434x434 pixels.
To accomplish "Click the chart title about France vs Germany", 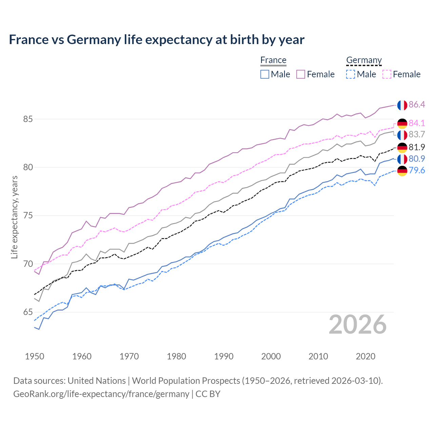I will click(157, 40).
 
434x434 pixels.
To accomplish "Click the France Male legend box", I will click(265, 74).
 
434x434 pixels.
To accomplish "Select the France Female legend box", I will click(301, 74).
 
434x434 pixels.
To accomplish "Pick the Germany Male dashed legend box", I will click(351, 74).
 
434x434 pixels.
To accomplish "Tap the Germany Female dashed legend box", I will click(387, 74).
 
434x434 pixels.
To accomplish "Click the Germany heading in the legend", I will click(364, 60).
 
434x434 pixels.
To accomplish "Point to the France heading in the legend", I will click(273, 60).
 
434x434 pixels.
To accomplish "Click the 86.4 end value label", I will click(417, 104).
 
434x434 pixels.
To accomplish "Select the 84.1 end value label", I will click(417, 123).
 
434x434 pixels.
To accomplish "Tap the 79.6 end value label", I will click(417, 170).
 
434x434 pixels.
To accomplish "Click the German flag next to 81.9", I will click(402, 147).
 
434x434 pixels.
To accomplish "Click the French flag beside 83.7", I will click(402, 135).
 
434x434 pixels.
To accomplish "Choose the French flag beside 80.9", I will click(402, 159).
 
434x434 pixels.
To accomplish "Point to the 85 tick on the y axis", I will click(28, 119).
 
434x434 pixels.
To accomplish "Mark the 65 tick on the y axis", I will click(28, 312).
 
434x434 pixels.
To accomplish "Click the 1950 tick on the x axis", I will click(35, 356).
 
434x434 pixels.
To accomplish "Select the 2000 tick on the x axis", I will click(271, 356).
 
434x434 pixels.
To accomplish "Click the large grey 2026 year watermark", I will click(357, 324).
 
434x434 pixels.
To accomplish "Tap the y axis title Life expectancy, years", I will click(14, 217).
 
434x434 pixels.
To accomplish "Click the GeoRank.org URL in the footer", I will click(101, 394).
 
